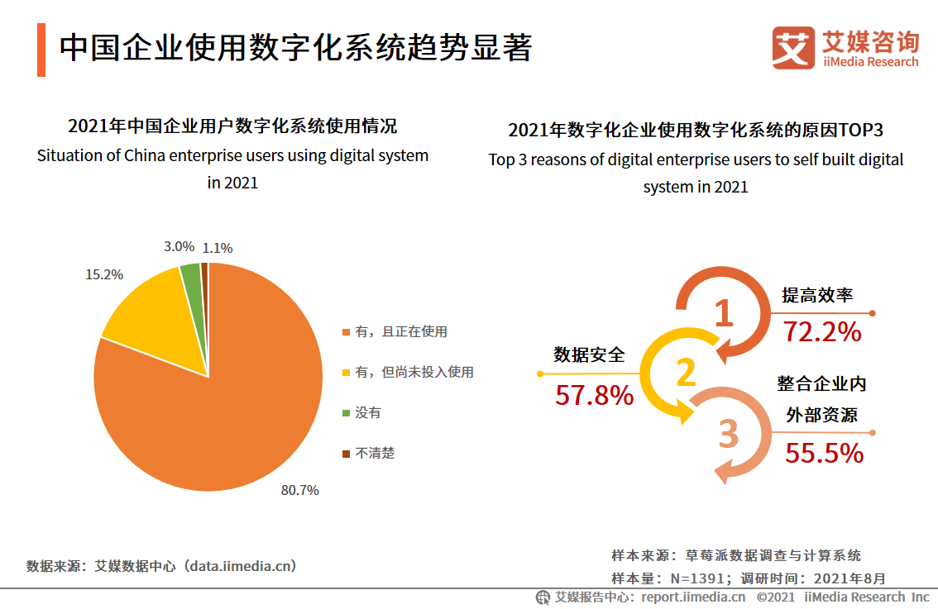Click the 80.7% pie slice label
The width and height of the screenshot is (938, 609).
[299, 490]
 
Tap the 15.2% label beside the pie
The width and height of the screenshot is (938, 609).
[104, 274]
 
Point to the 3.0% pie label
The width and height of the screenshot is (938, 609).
[179, 246]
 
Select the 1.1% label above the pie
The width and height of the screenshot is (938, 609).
[218, 247]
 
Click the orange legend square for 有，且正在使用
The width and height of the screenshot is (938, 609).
[346, 332]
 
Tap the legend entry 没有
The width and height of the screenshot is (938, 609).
[368, 413]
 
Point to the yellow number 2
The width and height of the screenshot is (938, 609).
[686, 373]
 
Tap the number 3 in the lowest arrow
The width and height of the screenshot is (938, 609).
[728, 434]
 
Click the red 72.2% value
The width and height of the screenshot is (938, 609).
[822, 332]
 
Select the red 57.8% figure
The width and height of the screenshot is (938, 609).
[594, 396]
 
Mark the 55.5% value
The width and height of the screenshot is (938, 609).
[824, 453]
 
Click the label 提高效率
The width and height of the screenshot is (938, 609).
[817, 295]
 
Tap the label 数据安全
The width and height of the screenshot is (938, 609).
[589, 355]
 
